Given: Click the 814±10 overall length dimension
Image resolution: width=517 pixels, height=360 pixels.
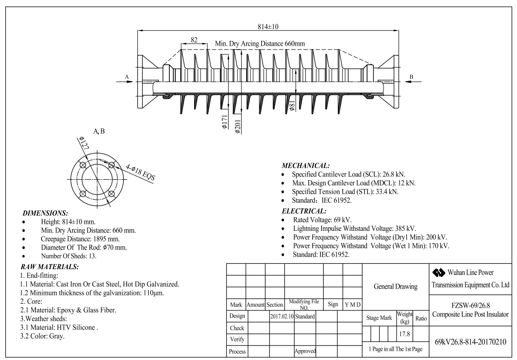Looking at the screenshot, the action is tap(268, 26).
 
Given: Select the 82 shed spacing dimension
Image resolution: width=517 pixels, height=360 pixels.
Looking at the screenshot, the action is tap(194, 40).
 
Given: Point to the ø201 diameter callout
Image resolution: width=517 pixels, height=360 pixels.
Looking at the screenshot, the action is tap(238, 126).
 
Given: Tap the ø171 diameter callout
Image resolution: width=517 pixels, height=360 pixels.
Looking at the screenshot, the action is tap(225, 122).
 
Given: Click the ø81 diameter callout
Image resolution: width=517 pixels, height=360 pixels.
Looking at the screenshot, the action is tap(292, 105).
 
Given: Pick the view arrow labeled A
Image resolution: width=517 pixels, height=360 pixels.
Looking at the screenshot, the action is tap(124, 82).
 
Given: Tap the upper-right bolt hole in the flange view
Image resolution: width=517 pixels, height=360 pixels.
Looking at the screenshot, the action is tap(112, 165).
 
